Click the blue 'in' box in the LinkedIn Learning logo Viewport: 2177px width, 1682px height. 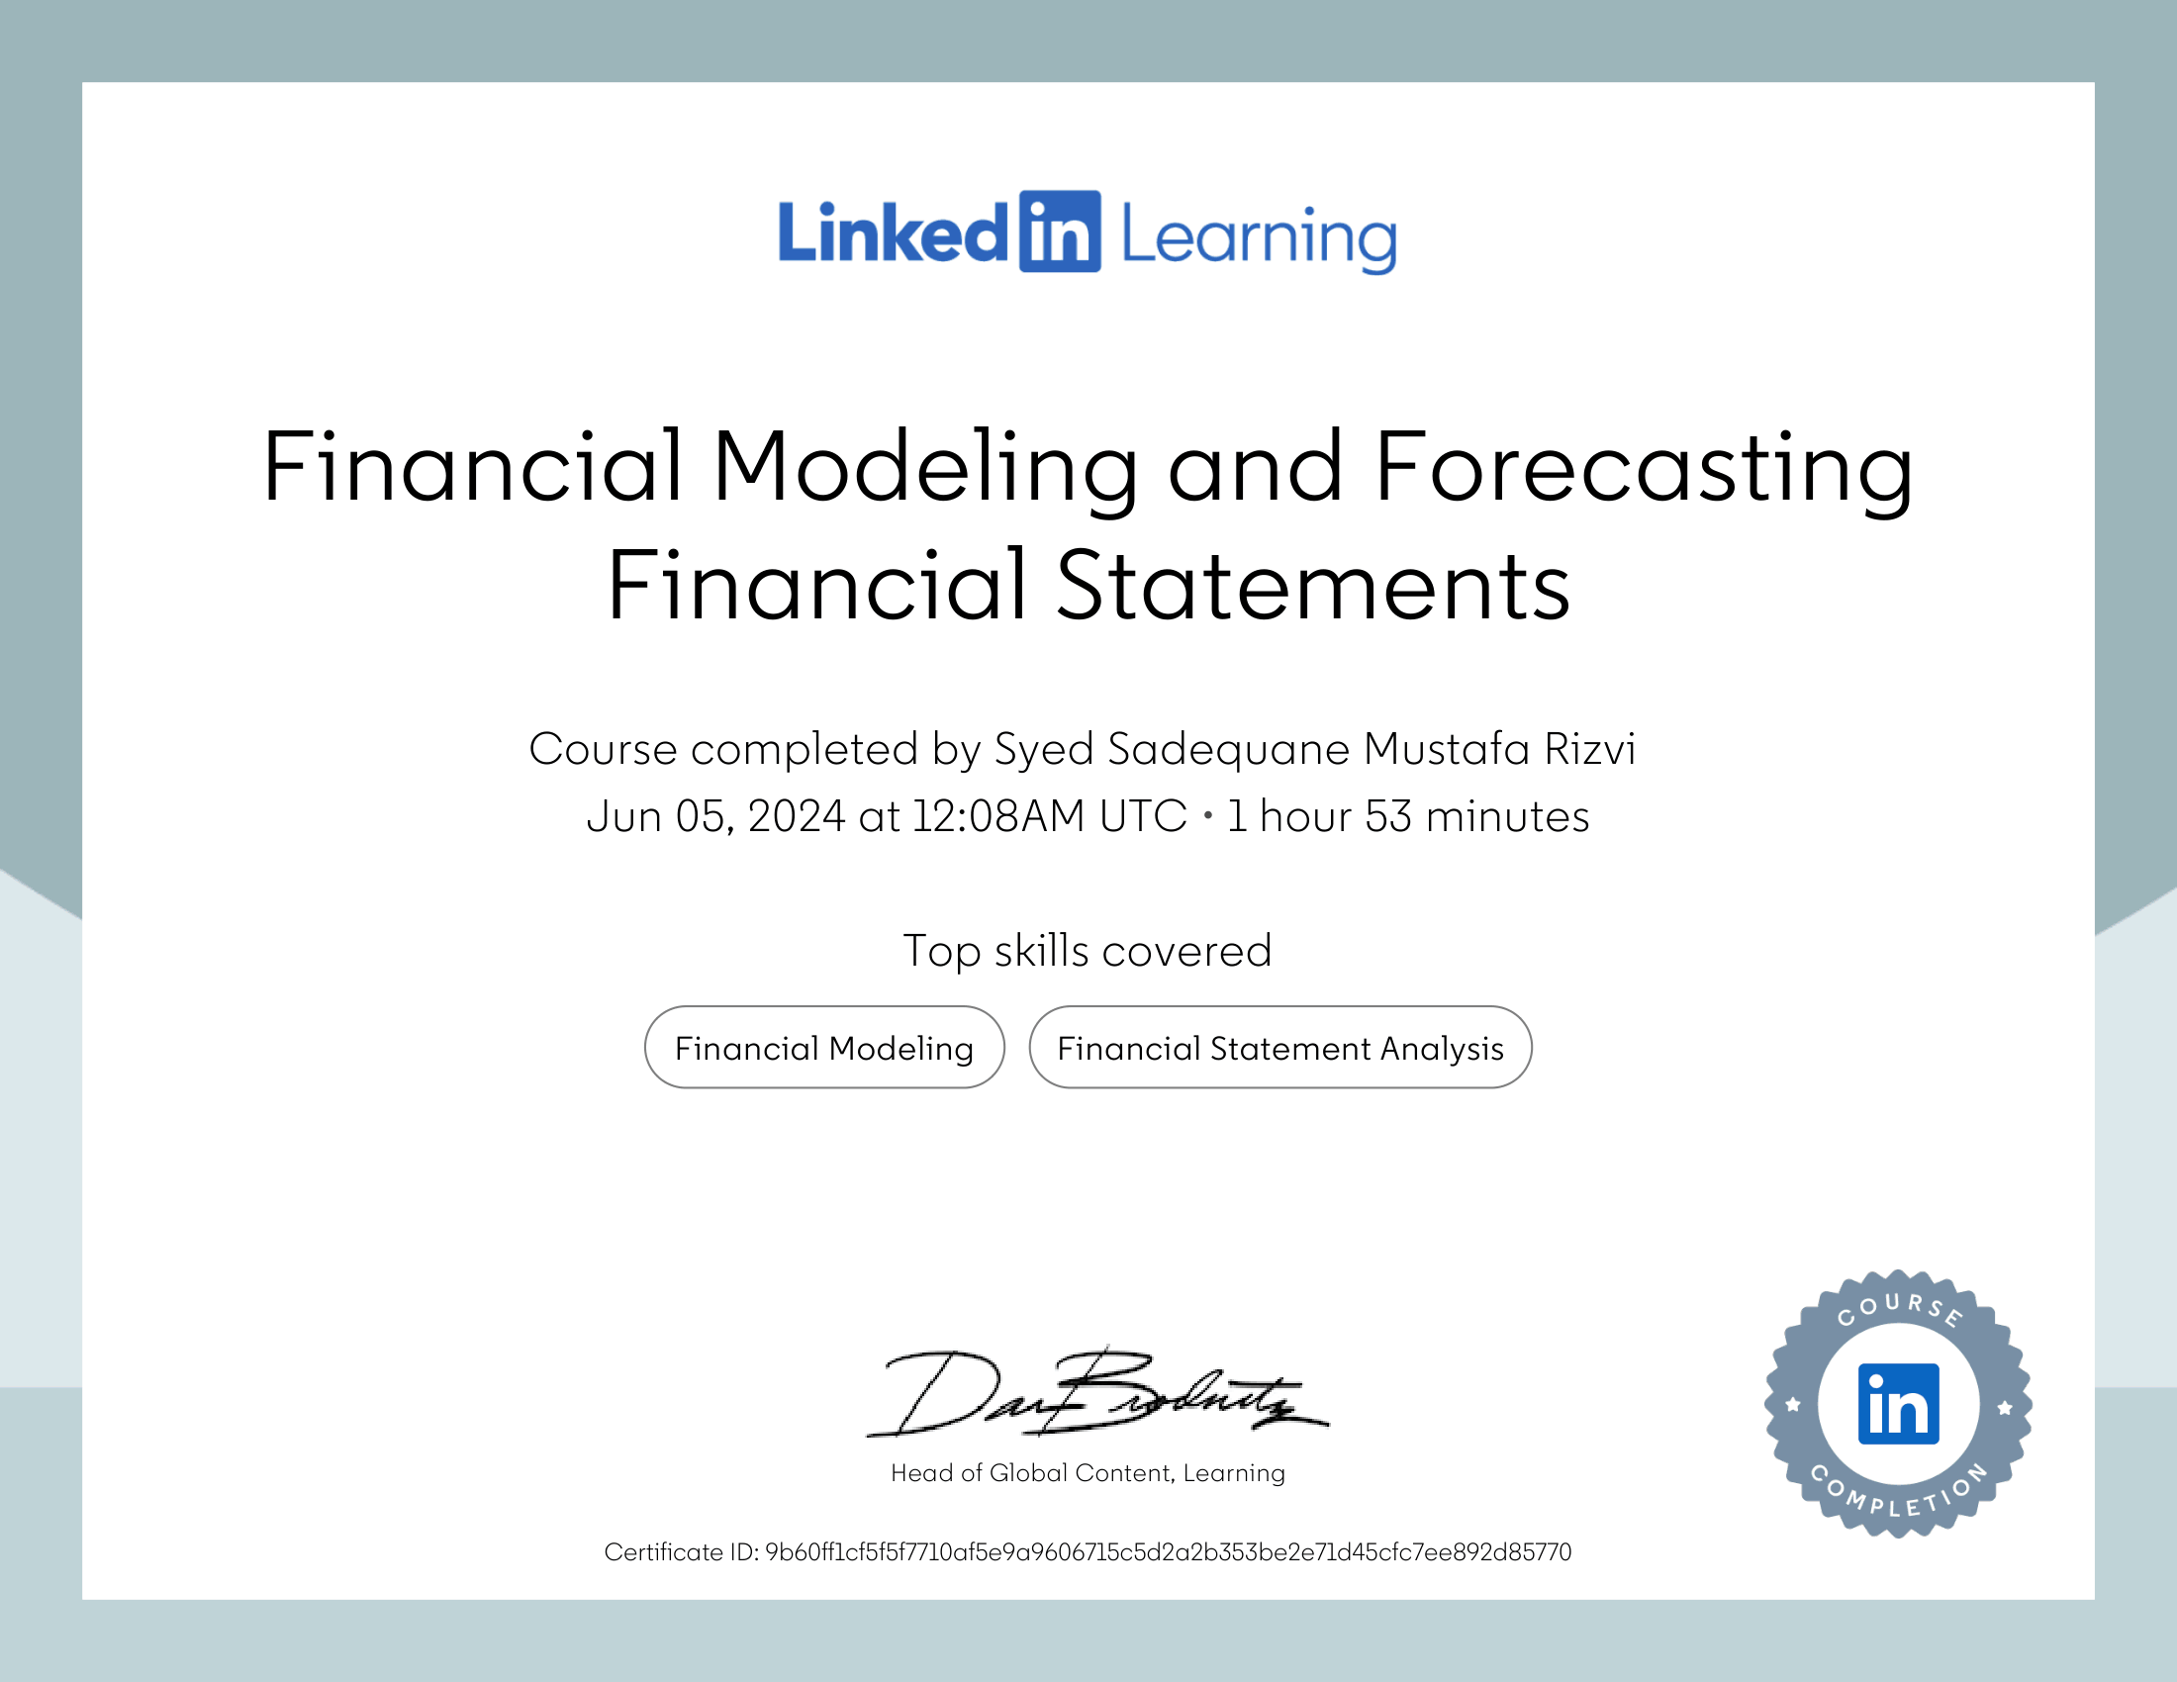(x=1060, y=233)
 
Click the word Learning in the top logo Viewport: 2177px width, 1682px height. (x=1259, y=237)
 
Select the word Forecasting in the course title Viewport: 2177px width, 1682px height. (x=1644, y=467)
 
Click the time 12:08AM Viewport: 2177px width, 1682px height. (x=997, y=817)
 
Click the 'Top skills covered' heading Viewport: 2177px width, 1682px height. (x=1088, y=951)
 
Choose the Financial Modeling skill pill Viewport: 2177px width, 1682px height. (x=824, y=1047)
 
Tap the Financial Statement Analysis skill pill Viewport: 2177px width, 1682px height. (x=1279, y=1047)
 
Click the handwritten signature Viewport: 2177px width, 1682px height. (x=1096, y=1395)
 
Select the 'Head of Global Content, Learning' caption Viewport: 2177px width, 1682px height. (x=1088, y=1473)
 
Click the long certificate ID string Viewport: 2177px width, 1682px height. (x=1168, y=1552)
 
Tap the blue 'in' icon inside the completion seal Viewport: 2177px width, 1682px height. (x=1898, y=1404)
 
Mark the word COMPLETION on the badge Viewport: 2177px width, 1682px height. (x=1898, y=1495)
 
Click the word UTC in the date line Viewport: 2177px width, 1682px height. (x=1143, y=817)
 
